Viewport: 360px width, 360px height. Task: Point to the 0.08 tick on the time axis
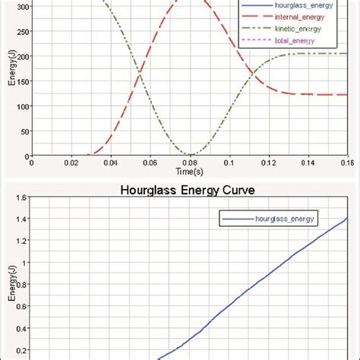tap(190, 162)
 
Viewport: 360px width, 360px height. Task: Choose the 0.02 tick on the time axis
tap(71, 162)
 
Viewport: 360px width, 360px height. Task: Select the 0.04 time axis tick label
tap(110, 162)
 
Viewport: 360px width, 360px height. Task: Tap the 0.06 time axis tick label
tap(150, 162)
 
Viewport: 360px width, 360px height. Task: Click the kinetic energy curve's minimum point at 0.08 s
tap(190, 155)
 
